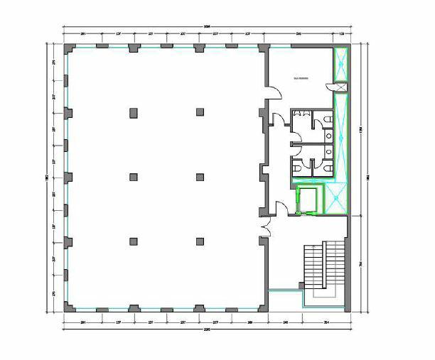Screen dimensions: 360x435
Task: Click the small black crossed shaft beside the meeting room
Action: tap(340, 87)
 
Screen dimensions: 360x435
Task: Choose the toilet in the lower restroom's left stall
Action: tap(298, 168)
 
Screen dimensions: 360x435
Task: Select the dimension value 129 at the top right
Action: tap(342, 33)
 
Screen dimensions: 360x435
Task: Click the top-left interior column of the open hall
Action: tap(132, 111)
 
